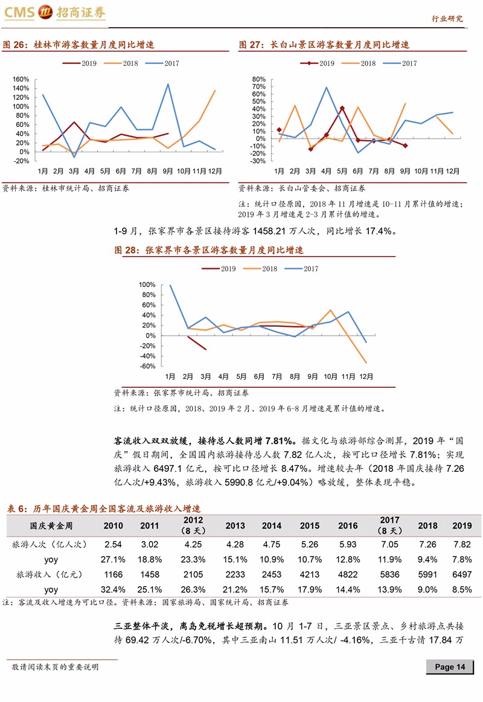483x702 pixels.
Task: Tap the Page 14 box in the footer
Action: [450, 666]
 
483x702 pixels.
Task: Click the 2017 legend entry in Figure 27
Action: [400, 63]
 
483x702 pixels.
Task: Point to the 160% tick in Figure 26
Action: [21, 79]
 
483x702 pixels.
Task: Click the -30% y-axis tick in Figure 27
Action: [258, 161]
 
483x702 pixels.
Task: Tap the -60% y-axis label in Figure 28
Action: [147, 366]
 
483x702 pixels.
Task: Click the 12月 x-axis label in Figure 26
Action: [215, 171]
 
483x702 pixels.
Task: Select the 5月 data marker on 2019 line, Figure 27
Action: [342, 108]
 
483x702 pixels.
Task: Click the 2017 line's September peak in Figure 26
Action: [168, 84]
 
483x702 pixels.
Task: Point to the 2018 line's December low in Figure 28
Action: [366, 362]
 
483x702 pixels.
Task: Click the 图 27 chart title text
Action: [324, 45]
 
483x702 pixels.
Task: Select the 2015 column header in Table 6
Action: [310, 526]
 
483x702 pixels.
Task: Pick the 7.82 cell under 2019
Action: [462, 544]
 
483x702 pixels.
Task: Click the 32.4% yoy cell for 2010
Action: [113, 590]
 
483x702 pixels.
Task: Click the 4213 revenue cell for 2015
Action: [310, 575]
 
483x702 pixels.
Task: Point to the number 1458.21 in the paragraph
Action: [269, 231]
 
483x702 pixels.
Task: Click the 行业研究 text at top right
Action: [447, 18]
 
